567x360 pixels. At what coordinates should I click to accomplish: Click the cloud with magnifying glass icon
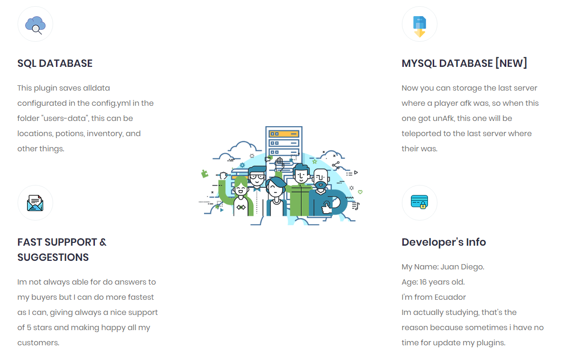35,25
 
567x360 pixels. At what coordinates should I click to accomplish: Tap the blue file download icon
419,27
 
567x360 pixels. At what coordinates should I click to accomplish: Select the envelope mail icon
35,203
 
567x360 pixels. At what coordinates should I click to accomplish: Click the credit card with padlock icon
419,202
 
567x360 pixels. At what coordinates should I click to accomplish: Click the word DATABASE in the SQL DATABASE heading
65,63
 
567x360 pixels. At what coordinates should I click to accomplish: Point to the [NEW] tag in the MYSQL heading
511,63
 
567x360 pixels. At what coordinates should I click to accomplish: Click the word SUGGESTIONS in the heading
53,258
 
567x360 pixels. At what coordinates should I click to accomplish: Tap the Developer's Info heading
444,242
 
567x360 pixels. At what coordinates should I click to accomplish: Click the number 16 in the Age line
423,282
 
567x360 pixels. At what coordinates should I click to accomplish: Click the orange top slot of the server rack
284,134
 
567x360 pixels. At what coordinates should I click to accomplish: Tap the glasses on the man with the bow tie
257,177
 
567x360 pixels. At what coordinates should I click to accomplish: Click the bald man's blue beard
320,186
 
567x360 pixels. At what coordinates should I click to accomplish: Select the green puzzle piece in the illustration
204,174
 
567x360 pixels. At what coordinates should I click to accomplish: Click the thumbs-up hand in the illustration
326,208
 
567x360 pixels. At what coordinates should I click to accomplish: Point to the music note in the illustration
355,206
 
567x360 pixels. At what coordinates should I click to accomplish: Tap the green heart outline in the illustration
360,192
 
